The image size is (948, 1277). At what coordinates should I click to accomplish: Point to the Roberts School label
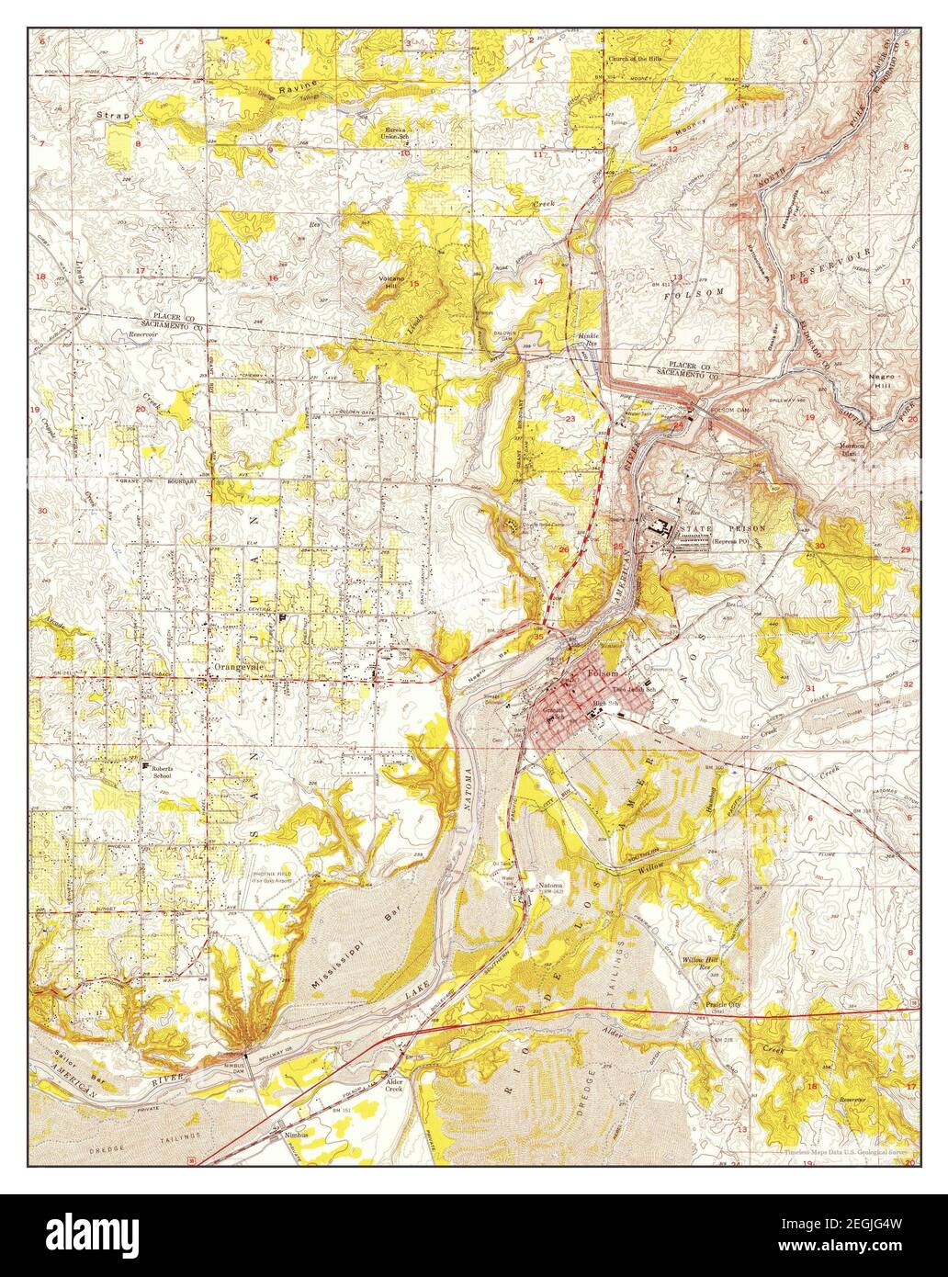click(x=162, y=772)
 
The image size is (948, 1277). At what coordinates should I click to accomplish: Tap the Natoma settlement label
click(x=550, y=888)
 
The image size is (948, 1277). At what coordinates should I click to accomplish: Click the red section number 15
click(x=413, y=284)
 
